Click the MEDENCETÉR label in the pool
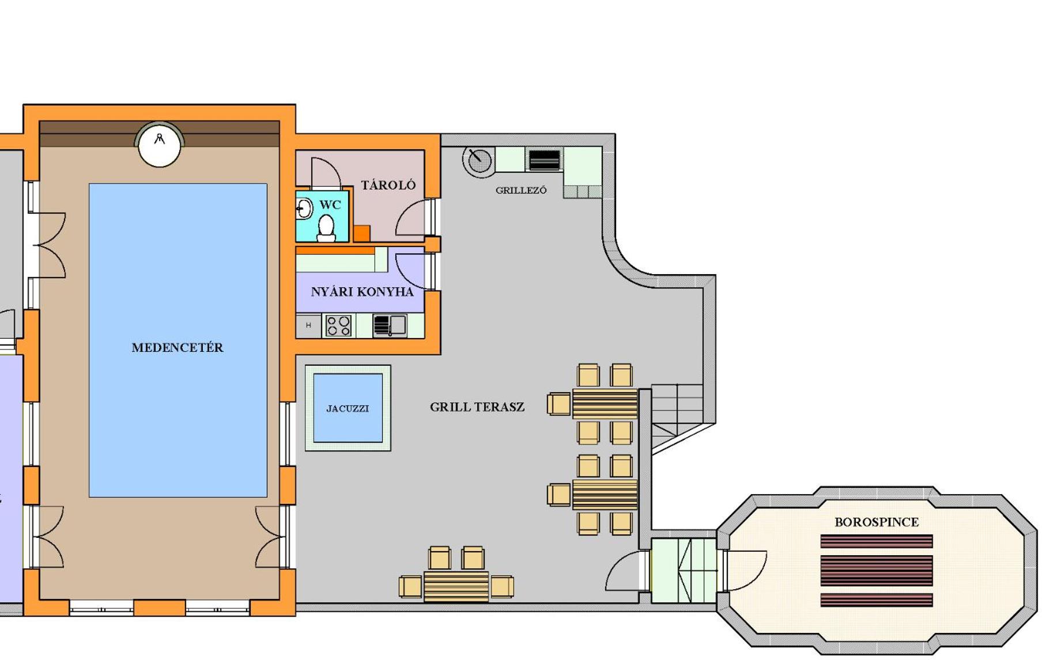(x=177, y=347)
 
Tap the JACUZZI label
(x=348, y=408)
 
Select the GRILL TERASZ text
(x=477, y=407)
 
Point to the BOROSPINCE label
(x=877, y=522)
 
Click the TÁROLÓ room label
(x=388, y=185)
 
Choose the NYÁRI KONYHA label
(x=362, y=292)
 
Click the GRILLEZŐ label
(x=521, y=190)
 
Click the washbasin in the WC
(x=304, y=209)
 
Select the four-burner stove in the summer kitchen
(x=338, y=325)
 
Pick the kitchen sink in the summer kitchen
(x=390, y=325)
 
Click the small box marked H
(x=308, y=325)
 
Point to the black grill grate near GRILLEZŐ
(x=544, y=160)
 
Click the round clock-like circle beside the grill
(x=479, y=160)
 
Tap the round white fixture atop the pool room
(x=159, y=145)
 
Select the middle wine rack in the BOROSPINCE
(x=876, y=570)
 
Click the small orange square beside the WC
(x=361, y=233)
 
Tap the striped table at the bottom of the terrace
(x=456, y=586)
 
